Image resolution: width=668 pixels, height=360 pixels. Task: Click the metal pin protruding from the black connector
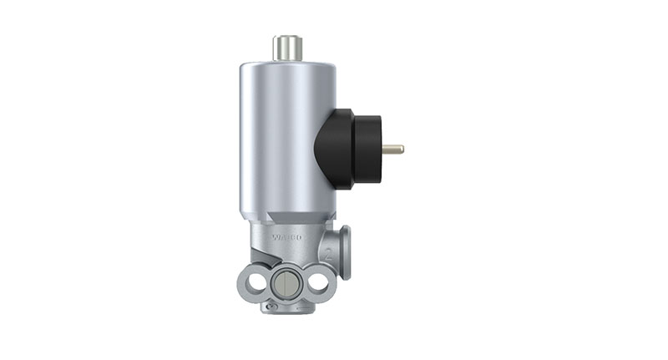pos(392,150)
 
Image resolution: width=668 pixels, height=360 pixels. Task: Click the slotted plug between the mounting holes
pos(286,284)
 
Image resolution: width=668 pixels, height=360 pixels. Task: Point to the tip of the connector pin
pos(402,150)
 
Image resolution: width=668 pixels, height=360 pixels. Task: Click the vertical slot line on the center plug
pos(286,285)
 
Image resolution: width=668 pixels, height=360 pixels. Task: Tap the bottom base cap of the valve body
pos(286,307)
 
